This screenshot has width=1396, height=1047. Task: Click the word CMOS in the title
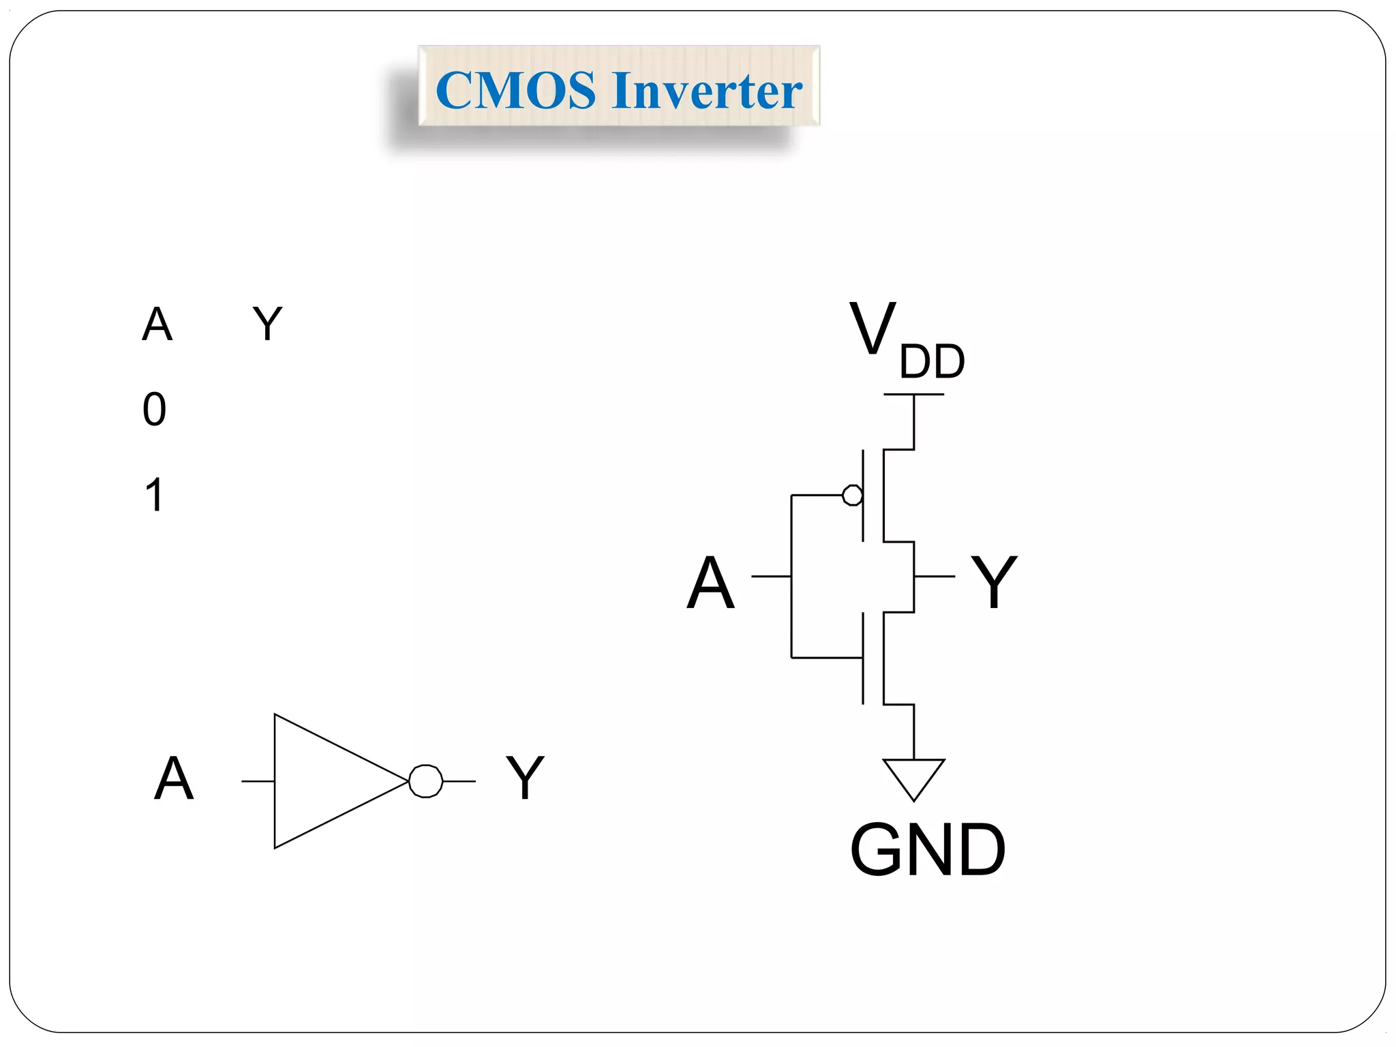point(515,90)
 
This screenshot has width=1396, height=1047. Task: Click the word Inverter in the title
point(707,90)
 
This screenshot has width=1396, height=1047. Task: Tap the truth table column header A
point(157,324)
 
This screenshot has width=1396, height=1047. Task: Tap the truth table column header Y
point(267,324)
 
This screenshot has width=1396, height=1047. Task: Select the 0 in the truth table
point(155,410)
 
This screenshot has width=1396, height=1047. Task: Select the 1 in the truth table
point(155,495)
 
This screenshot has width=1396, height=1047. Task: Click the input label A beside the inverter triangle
point(174,778)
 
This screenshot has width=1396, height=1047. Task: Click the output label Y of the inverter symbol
point(525,778)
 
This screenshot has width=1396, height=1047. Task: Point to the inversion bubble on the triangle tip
point(426,781)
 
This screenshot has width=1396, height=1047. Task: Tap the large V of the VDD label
point(872,329)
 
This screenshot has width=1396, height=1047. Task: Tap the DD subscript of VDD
point(932,362)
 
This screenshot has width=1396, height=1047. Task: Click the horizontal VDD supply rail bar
point(913,395)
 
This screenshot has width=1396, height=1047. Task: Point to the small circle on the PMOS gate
point(852,495)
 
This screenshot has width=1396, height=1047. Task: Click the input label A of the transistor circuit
point(710,583)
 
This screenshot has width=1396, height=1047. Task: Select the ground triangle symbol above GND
point(913,776)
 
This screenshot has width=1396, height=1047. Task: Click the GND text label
point(927,850)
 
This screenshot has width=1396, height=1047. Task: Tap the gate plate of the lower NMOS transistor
point(863,658)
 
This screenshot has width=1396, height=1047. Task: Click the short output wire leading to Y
point(934,577)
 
